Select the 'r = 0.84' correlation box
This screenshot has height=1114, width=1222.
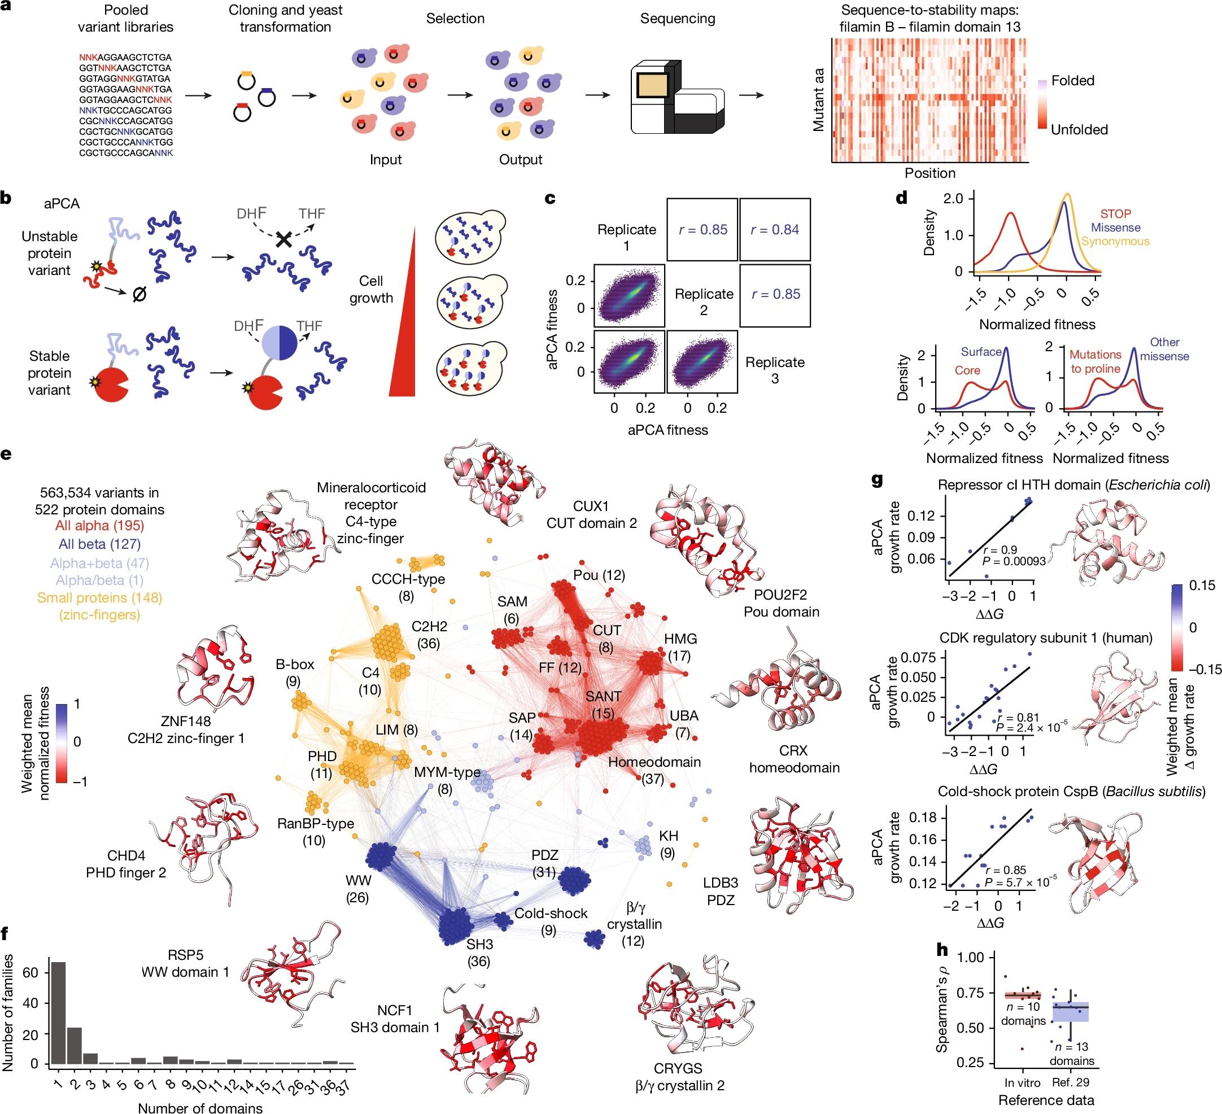775,230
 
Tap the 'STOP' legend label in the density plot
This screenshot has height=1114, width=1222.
1115,214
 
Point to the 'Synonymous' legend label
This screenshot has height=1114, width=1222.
1115,241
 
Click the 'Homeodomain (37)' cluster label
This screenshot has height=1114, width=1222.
654,770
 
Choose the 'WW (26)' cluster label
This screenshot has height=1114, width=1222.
357,889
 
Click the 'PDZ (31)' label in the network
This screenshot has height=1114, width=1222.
544,863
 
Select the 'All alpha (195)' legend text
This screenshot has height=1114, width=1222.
99,526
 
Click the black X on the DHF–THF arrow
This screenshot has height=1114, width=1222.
283,239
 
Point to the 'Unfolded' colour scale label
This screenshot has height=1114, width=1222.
1079,130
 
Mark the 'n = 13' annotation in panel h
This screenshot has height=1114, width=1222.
1071,1047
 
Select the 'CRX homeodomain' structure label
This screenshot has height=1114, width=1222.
794,759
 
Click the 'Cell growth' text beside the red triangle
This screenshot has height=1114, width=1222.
371,289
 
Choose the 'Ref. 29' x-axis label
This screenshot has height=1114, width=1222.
1072,1082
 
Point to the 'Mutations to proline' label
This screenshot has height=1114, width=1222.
1095,361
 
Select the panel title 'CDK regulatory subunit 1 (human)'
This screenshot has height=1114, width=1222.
1046,637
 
